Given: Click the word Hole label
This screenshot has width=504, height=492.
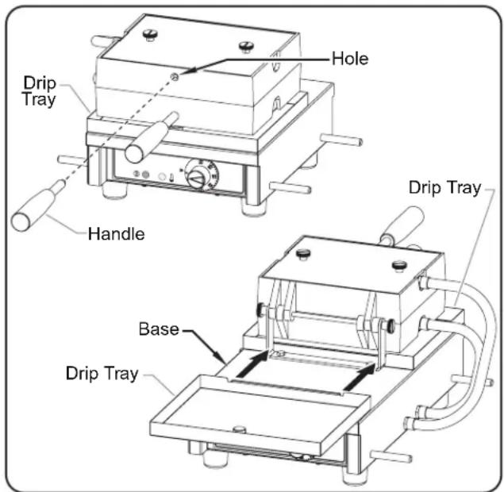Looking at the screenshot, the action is pyautogui.click(x=350, y=59).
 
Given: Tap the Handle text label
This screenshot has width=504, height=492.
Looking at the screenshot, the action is pyautogui.click(x=117, y=233).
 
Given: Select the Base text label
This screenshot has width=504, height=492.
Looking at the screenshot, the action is pyautogui.click(x=159, y=329).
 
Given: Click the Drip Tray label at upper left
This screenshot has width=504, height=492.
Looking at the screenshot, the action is pyautogui.click(x=40, y=91).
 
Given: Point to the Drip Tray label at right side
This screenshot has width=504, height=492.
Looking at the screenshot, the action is pyautogui.click(x=444, y=187).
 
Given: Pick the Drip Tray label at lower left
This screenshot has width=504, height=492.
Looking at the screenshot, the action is pyautogui.click(x=102, y=373).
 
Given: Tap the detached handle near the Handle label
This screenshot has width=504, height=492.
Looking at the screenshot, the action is pyautogui.click(x=38, y=206).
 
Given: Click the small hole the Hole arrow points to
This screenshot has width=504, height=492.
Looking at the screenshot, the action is pyautogui.click(x=175, y=76).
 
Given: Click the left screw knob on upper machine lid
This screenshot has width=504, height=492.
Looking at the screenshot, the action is pyautogui.click(x=150, y=34).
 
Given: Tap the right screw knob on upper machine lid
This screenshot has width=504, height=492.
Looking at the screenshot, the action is pyautogui.click(x=247, y=46).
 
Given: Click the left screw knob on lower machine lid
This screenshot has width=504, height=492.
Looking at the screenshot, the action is pyautogui.click(x=303, y=254).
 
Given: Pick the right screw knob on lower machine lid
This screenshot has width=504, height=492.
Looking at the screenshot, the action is pyautogui.click(x=399, y=267).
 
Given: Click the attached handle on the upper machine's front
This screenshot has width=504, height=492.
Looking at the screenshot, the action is pyautogui.click(x=151, y=137).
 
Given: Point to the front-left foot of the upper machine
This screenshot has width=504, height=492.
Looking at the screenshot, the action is pyautogui.click(x=113, y=190).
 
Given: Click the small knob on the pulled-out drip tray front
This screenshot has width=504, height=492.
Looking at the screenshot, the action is pyautogui.click(x=239, y=429).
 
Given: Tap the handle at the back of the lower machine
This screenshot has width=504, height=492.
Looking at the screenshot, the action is pyautogui.click(x=402, y=225).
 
